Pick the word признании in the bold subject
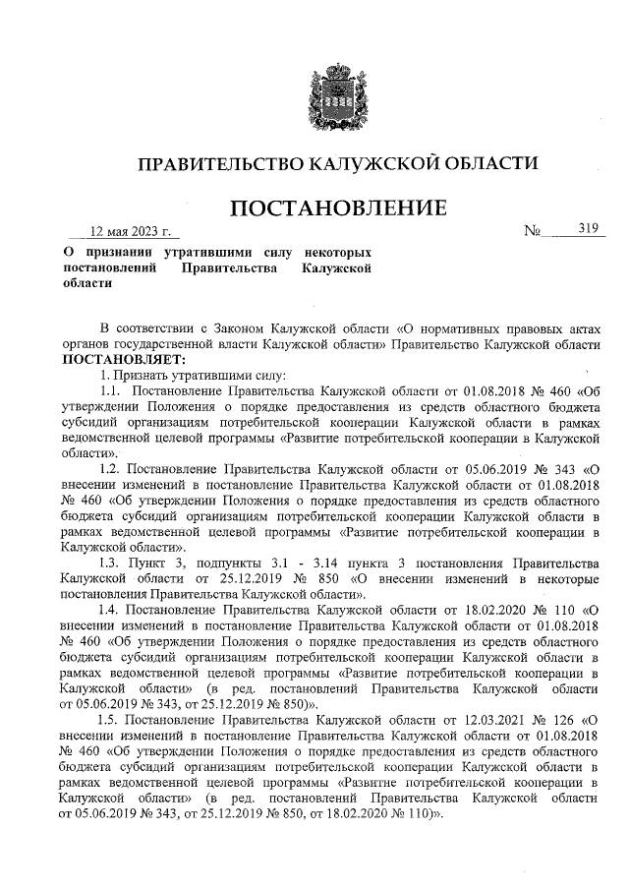[x=124, y=253]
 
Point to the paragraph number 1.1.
[x=110, y=390]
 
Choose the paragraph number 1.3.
[x=110, y=563]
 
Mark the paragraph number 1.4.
[x=110, y=610]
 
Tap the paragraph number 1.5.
[x=110, y=720]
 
